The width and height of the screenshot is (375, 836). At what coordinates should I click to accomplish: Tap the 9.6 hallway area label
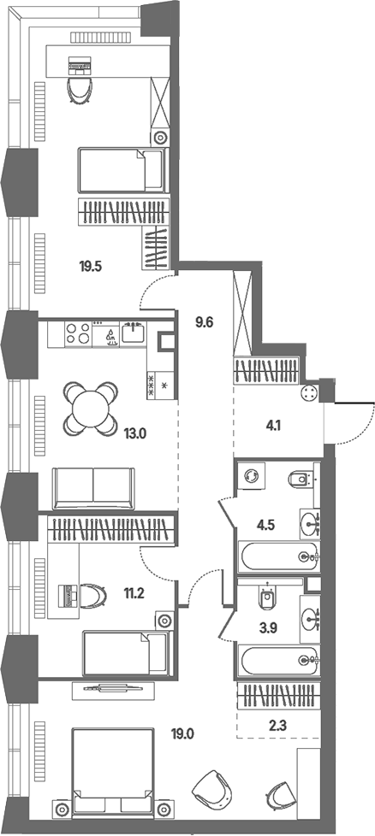(x=205, y=322)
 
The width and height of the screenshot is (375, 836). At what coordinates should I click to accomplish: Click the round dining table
(x=91, y=408)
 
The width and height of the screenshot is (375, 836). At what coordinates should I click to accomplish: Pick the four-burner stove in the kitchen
(x=78, y=333)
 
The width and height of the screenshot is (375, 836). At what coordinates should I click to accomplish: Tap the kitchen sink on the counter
(x=131, y=333)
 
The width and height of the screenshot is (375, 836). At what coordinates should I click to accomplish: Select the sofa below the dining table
(x=93, y=488)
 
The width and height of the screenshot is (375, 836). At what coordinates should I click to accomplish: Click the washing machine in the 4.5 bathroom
(x=251, y=475)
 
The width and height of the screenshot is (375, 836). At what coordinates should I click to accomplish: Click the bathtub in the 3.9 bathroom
(x=279, y=661)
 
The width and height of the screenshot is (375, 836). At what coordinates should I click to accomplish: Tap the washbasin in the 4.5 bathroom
(x=310, y=521)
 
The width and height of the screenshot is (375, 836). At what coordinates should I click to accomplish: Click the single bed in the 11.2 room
(x=127, y=653)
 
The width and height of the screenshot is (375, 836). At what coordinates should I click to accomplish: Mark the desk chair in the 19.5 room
(x=80, y=91)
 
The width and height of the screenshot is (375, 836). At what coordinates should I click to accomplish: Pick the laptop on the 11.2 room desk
(x=69, y=595)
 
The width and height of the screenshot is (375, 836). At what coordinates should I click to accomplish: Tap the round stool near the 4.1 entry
(x=309, y=393)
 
